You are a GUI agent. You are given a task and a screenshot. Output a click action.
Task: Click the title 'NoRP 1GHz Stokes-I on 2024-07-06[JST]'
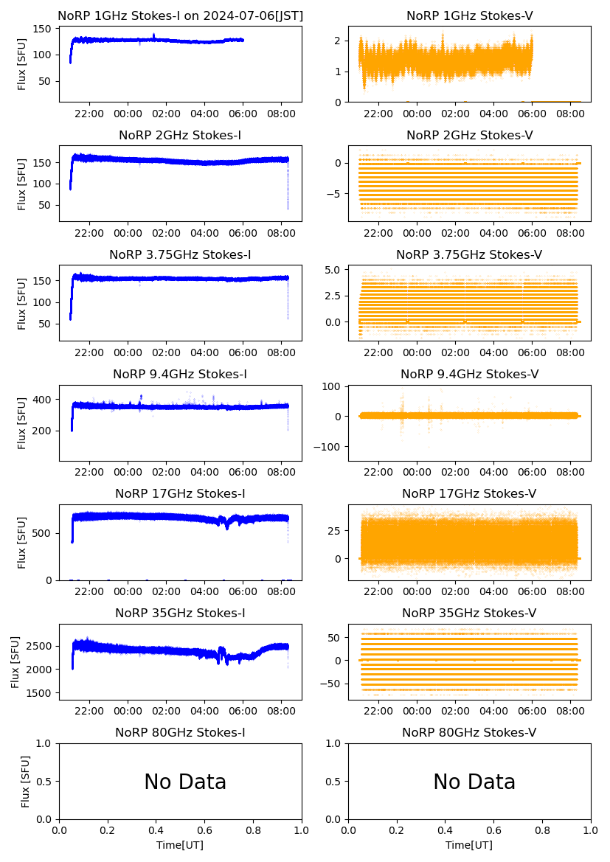point(180,15)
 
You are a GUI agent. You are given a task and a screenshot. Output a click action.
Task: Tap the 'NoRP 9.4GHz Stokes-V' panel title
point(469,374)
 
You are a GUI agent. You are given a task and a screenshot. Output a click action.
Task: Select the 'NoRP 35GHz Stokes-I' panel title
point(180,613)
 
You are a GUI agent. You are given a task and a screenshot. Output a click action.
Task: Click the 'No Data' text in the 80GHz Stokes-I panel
point(185,782)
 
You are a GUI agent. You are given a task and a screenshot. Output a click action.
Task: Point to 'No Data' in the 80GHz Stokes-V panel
point(474,782)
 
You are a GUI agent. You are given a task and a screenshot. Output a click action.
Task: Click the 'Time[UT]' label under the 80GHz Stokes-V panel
point(469,845)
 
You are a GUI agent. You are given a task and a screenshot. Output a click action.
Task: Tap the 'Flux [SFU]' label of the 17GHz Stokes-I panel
point(22,542)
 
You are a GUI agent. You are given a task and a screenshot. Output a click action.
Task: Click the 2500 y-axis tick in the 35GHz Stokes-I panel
point(41,646)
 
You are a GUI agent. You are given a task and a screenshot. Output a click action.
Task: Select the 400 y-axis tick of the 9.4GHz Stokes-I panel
point(46,400)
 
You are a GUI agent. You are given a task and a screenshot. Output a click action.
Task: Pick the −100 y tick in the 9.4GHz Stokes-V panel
point(330,447)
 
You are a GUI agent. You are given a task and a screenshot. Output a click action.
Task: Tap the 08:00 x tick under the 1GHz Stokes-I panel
point(282,114)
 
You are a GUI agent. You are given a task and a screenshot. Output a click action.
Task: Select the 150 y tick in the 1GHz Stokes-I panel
point(46,29)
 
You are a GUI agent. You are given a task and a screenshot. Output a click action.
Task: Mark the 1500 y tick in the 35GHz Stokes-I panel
point(41,693)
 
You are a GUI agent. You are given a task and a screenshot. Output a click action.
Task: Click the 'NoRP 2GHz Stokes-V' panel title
point(469,135)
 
